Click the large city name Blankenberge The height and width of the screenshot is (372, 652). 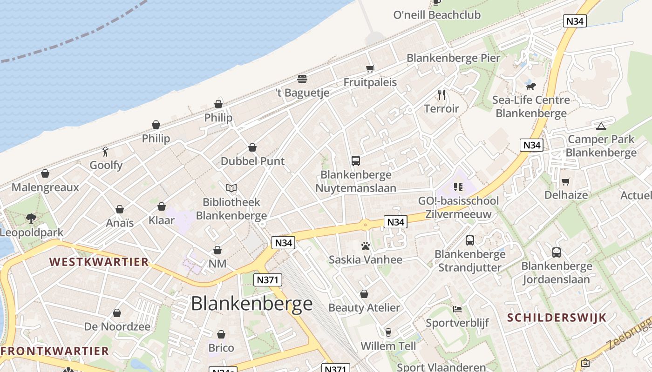[252, 304]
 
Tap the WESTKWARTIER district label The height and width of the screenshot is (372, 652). [99, 262]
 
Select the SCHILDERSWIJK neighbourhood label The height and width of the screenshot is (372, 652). [557, 318]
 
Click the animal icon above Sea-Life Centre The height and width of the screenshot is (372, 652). [530, 86]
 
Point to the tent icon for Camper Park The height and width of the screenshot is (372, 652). [601, 126]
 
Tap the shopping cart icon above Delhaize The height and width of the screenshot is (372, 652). [566, 181]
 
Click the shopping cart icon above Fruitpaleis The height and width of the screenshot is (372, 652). [370, 69]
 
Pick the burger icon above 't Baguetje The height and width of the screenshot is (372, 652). [302, 79]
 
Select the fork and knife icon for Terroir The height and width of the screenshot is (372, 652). [441, 95]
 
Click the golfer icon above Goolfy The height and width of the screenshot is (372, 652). [106, 151]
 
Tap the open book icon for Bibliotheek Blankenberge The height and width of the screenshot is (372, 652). [231, 188]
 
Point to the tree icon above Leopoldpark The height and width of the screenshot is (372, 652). [31, 218]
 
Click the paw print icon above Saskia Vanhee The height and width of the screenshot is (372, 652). [365, 246]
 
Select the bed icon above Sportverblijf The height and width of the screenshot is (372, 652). [457, 309]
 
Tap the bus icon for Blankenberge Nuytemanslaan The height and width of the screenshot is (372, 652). [356, 161]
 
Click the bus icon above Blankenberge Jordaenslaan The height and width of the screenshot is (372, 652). [556, 252]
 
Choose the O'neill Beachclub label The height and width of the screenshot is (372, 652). [437, 15]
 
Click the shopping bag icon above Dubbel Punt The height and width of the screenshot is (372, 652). [252, 147]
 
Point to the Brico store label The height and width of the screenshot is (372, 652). [221, 348]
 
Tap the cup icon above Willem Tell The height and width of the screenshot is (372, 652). [388, 332]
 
